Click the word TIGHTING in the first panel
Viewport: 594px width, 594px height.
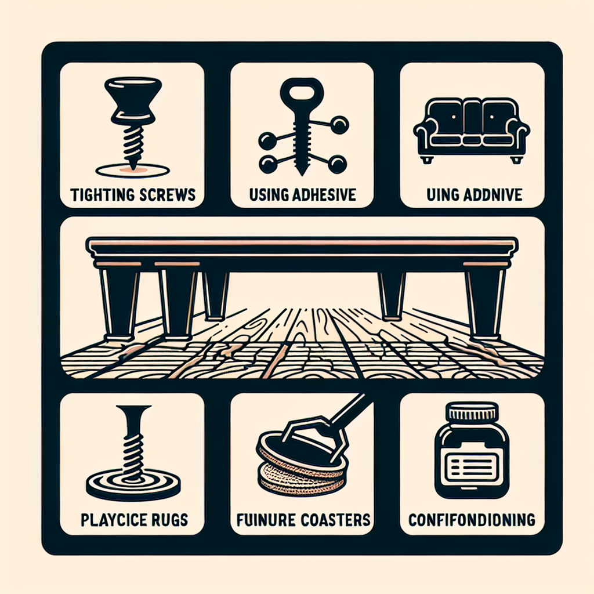(x=102, y=195)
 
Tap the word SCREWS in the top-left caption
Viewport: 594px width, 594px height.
(x=166, y=195)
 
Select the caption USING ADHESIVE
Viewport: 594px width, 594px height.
(x=302, y=195)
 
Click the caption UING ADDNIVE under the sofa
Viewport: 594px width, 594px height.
(x=475, y=195)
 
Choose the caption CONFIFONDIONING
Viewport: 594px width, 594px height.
(x=472, y=519)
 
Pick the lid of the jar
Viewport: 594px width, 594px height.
(x=472, y=412)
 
